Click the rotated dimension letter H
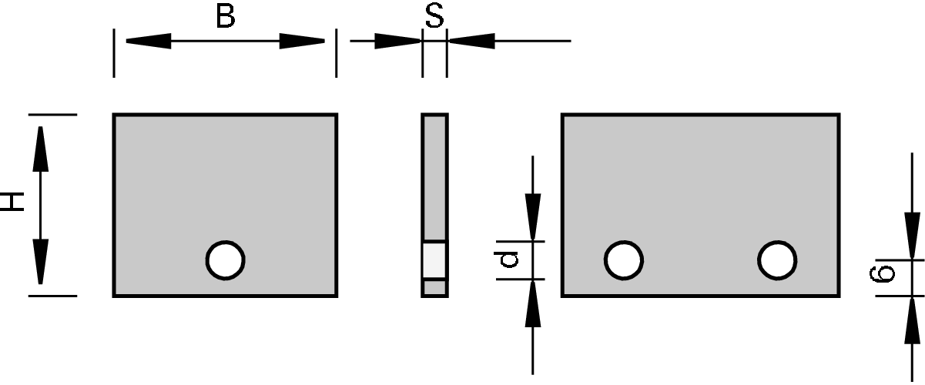[14, 203]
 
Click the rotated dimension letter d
[509, 261]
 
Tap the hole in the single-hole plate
[225, 260]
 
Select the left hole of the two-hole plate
[623, 260]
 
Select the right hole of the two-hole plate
[776, 260]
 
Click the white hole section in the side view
[434, 260]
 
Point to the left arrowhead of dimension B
[146, 41]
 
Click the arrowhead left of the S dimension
[397, 41]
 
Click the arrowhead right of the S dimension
[471, 41]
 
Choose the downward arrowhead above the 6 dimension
[913, 236]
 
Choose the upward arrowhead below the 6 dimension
[913, 320]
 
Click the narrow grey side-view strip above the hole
[434, 177]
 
